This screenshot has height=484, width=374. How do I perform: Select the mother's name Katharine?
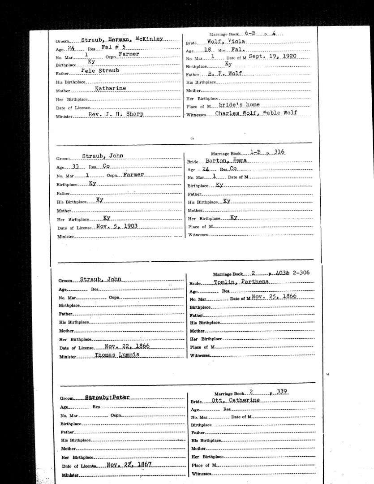pos(110,88)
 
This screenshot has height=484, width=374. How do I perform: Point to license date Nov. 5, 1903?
pos(116,226)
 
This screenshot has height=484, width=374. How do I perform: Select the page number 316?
pos(279,152)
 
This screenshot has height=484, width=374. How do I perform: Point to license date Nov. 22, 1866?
pos(127,346)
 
